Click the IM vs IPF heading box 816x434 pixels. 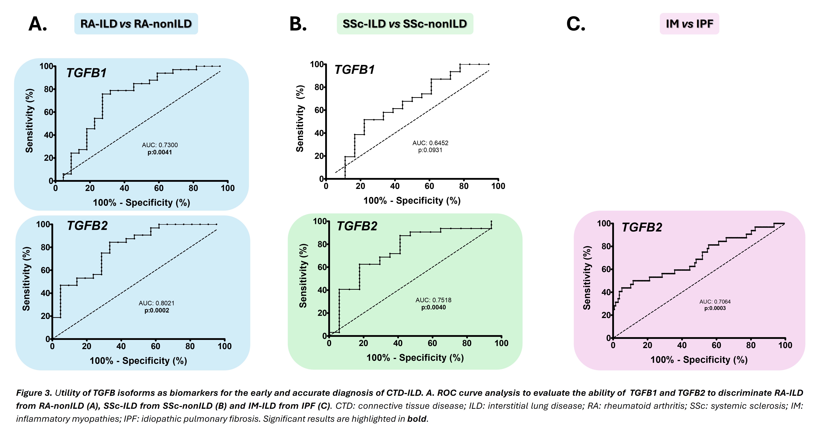pos(689,24)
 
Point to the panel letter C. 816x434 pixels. pos(576,24)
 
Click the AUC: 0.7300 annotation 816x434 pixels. pos(160,145)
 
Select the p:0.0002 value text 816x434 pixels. pos(157,310)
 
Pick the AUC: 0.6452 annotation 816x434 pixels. pos(430,143)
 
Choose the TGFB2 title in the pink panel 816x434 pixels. pos(642,227)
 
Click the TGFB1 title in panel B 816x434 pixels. pos(355,70)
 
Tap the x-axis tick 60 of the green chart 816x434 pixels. pos(432,343)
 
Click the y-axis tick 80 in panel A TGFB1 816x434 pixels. pos(48,89)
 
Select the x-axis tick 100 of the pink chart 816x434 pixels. pos(785,345)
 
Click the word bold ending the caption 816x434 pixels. pos(417,419)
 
